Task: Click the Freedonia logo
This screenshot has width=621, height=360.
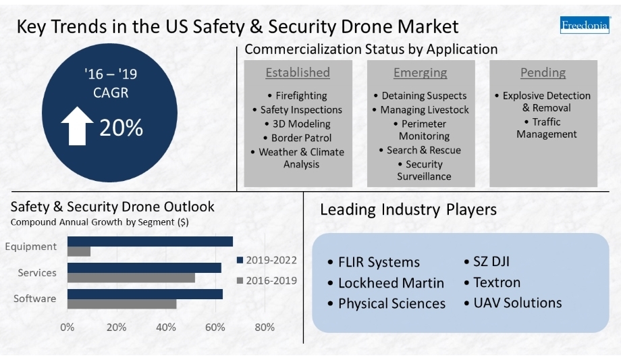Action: coord(584,26)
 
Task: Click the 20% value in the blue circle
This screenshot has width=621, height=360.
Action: coord(122,128)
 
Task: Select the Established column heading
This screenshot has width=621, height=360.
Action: coord(298,72)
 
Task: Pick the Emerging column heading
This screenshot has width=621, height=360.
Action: coord(420,72)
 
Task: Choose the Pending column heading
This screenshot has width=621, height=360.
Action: coord(543,72)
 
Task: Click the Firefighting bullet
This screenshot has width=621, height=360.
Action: coord(298,95)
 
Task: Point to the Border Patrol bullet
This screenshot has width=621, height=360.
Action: coord(298,138)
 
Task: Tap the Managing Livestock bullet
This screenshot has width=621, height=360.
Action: coord(420,109)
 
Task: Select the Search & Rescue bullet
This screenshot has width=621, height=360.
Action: coord(420,150)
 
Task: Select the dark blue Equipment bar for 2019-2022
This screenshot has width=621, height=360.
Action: coord(150,241)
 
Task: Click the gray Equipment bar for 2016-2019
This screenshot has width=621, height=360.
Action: coord(79,251)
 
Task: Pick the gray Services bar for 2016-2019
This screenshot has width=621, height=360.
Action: coord(131,278)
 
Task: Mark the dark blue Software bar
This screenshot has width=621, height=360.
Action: coord(144,294)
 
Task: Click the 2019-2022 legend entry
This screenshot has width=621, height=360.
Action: coord(266,260)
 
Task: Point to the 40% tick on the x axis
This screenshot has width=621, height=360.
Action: coord(166,328)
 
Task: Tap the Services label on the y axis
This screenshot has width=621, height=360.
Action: coord(38,273)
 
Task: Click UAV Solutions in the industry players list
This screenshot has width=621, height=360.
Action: coord(513,303)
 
